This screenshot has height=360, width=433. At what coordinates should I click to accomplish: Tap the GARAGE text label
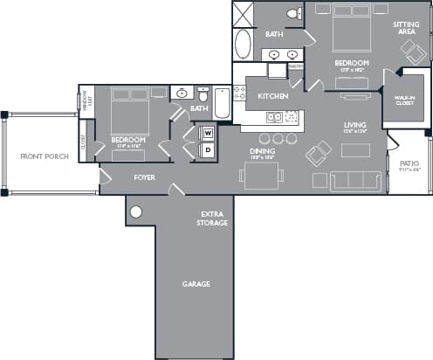coord(196,284)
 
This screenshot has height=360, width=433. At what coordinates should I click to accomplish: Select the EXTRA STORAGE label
coord(214,218)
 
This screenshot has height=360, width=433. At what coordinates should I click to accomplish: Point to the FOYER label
coord(145,177)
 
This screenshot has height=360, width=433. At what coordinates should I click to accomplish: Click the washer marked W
coord(208,134)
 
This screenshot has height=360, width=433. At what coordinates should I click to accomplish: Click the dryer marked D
coord(208,149)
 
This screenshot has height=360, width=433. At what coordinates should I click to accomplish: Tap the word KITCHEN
coord(272,96)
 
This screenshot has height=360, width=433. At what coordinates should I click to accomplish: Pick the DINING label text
coord(263,152)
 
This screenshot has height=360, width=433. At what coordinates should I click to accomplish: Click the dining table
coord(263,175)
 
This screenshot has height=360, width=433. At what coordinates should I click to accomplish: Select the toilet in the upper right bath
coord(296,13)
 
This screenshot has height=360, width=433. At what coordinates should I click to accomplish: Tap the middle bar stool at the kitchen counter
coord(278,138)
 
